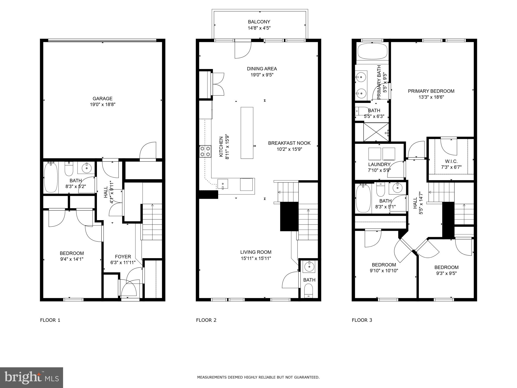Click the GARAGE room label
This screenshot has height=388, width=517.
pyautogui.click(x=102, y=99)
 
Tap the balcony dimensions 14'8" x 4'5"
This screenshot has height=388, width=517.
pyautogui.click(x=259, y=28)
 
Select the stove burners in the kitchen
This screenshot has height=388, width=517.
pyautogui.click(x=205, y=151)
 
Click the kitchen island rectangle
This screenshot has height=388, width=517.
pyautogui.click(x=247, y=133)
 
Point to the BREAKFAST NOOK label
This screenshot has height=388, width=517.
pyautogui.click(x=289, y=143)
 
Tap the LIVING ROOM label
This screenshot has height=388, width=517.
pyautogui.click(x=256, y=252)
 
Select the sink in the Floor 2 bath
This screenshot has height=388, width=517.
pyautogui.click(x=309, y=267)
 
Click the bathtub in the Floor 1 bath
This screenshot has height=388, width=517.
pyautogui.click(x=51, y=177)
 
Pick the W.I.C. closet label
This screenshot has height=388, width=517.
pyautogui.click(x=451, y=161)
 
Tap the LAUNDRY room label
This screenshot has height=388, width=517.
pyautogui.click(x=379, y=165)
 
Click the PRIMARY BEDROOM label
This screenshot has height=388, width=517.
pyautogui.click(x=431, y=91)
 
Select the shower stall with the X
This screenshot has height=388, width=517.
pyautogui.click(x=376, y=132)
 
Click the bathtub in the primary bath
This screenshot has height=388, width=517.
pyautogui.click(x=372, y=51)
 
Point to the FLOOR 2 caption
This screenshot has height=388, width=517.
pyautogui.click(x=206, y=320)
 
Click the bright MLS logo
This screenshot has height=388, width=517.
pyautogui.click(x=31, y=377)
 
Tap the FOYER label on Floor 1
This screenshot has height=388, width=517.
pyautogui.click(x=123, y=257)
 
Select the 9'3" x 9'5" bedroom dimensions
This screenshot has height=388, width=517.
pyautogui.click(x=446, y=273)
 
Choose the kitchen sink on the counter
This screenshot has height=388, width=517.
pyautogui.click(x=223, y=184)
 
